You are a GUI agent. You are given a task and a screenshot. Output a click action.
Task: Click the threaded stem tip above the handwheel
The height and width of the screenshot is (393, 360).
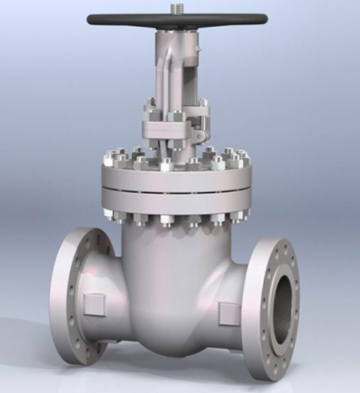(177, 7)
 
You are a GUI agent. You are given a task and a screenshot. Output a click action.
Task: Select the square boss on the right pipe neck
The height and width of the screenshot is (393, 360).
(230, 312)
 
